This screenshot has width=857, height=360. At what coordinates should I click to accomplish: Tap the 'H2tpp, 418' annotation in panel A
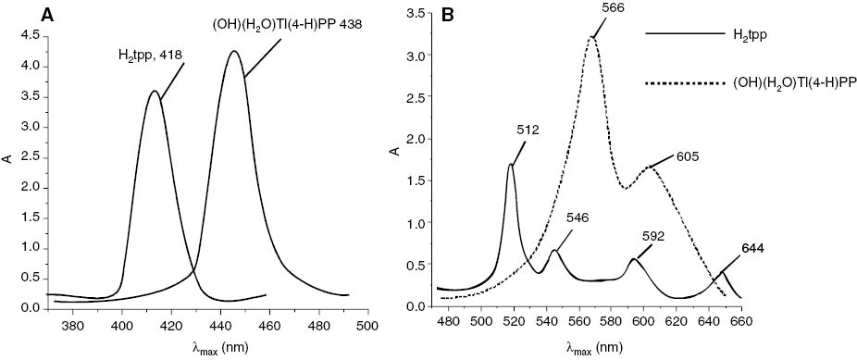pyautogui.click(x=149, y=56)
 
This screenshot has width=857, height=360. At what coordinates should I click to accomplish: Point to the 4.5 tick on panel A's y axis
pyautogui.click(x=33, y=35)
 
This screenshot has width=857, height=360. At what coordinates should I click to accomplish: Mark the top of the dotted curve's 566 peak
pyautogui.click(x=591, y=37)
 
